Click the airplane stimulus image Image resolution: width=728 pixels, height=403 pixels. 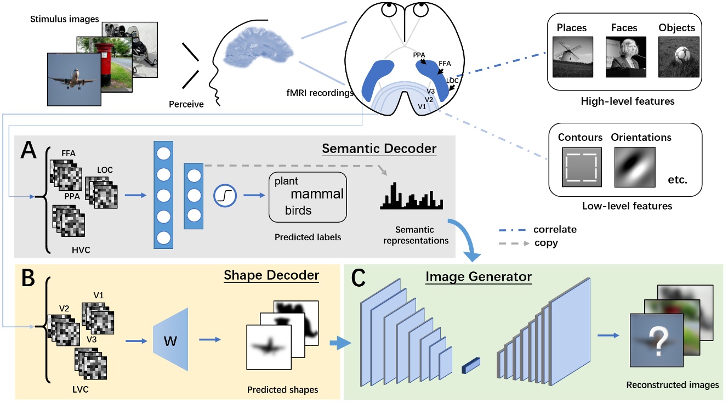point(74,78)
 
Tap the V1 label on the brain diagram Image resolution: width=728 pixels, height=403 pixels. point(422,106)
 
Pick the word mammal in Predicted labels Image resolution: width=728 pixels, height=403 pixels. point(317,194)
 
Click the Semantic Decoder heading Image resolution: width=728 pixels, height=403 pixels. point(379,149)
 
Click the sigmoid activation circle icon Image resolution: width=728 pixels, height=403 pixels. point(225,195)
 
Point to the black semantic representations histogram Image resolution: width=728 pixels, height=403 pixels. point(411,198)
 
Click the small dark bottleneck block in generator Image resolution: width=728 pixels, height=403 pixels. point(471,365)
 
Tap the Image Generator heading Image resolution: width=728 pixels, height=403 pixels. point(478,277)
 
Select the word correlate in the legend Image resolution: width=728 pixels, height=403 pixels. point(555,230)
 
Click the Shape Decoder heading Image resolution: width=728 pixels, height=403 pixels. point(271,275)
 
